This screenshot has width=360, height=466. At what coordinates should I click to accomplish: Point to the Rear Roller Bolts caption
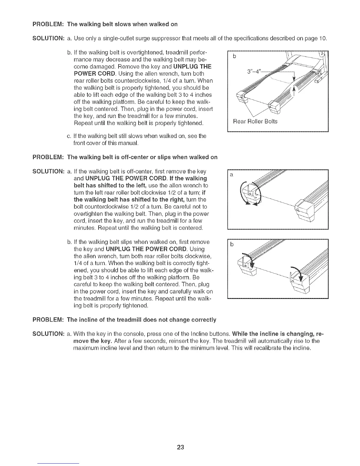[255, 122]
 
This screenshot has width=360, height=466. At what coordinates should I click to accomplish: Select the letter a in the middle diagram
[231, 175]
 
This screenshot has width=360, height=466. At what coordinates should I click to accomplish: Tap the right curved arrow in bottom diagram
[298, 274]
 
